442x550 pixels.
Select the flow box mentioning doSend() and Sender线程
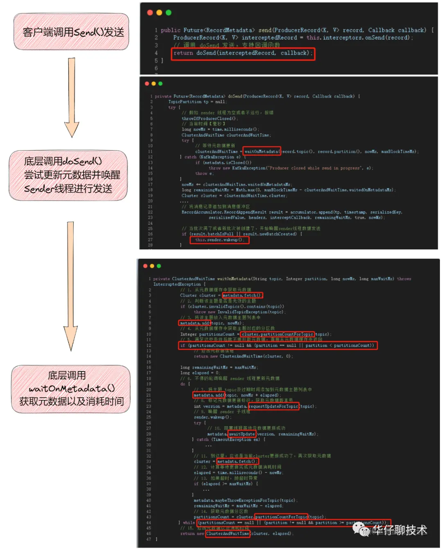pyautogui.click(x=68, y=175)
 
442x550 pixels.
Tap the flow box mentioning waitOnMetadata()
pyautogui.click(x=71, y=388)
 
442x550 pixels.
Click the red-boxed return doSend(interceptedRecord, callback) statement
pyautogui.click(x=243, y=53)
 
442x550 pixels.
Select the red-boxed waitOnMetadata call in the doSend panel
pyautogui.click(x=262, y=152)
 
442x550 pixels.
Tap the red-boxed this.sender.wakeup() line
pyautogui.click(x=219, y=240)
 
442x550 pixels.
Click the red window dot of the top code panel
pyautogui.click(x=150, y=13)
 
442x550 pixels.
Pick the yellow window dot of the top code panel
pyautogui.click(x=159, y=13)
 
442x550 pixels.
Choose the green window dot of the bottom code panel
pyautogui.click(x=159, y=266)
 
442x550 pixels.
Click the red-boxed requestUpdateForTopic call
pyautogui.click(x=273, y=406)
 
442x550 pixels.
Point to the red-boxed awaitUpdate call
pyautogui.click(x=242, y=434)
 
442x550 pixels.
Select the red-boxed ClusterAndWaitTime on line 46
pyautogui.click(x=228, y=534)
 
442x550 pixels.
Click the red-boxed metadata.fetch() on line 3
pyautogui.click(x=242, y=295)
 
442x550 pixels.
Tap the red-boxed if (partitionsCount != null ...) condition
pyautogui.click(x=278, y=346)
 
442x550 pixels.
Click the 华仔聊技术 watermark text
pyautogui.click(x=399, y=530)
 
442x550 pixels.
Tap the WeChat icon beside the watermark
pyautogui.click(x=361, y=529)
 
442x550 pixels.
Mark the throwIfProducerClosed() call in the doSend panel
pyautogui.click(x=210, y=119)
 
